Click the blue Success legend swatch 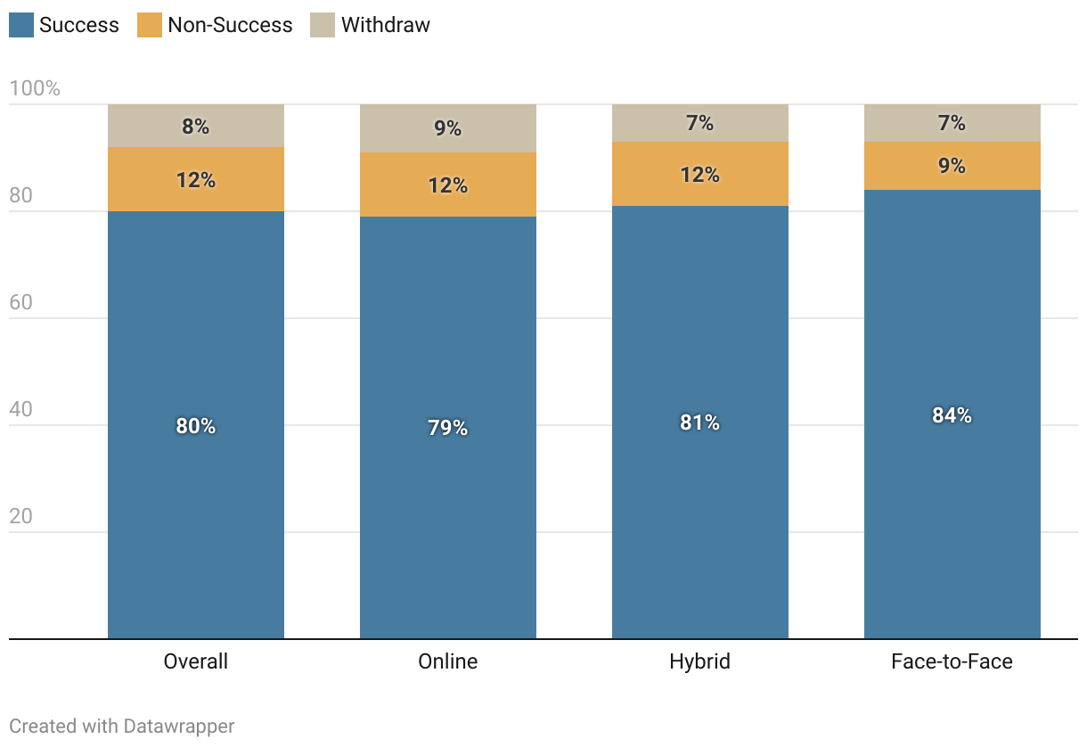point(21,25)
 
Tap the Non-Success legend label point(230,25)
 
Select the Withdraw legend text point(385,25)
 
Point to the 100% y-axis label point(35,88)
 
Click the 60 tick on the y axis point(20,302)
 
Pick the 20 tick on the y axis point(20,516)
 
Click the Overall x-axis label point(195,661)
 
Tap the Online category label point(448,661)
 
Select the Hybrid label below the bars point(699,661)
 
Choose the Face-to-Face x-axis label point(952,661)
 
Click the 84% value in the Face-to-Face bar point(952,415)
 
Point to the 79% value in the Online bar point(448,428)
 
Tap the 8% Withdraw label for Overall point(195,127)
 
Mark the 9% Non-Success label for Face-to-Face point(952,166)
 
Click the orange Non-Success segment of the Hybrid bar point(699,174)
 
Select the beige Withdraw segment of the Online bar point(448,128)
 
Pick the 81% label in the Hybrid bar point(699,423)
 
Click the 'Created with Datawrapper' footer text point(122,726)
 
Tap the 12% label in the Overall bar point(195,180)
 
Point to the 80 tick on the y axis point(20,195)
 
